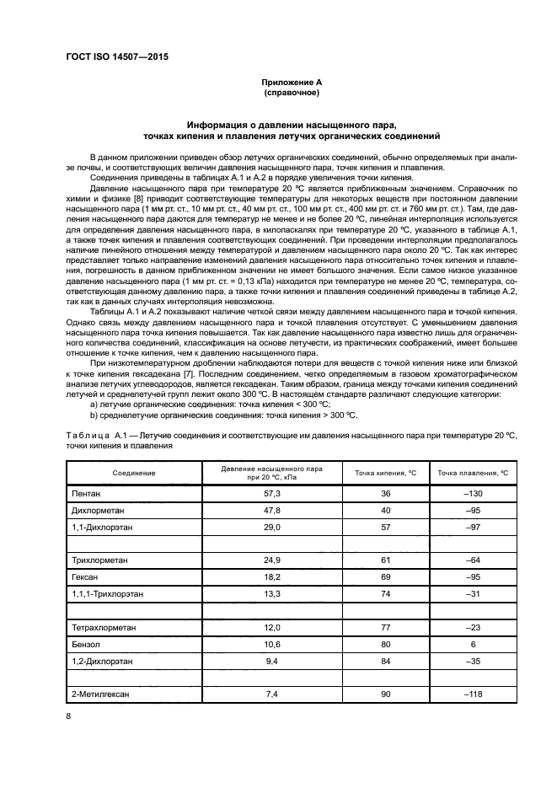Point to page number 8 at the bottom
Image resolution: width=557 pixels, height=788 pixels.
69,716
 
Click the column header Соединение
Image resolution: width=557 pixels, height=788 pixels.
134,474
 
